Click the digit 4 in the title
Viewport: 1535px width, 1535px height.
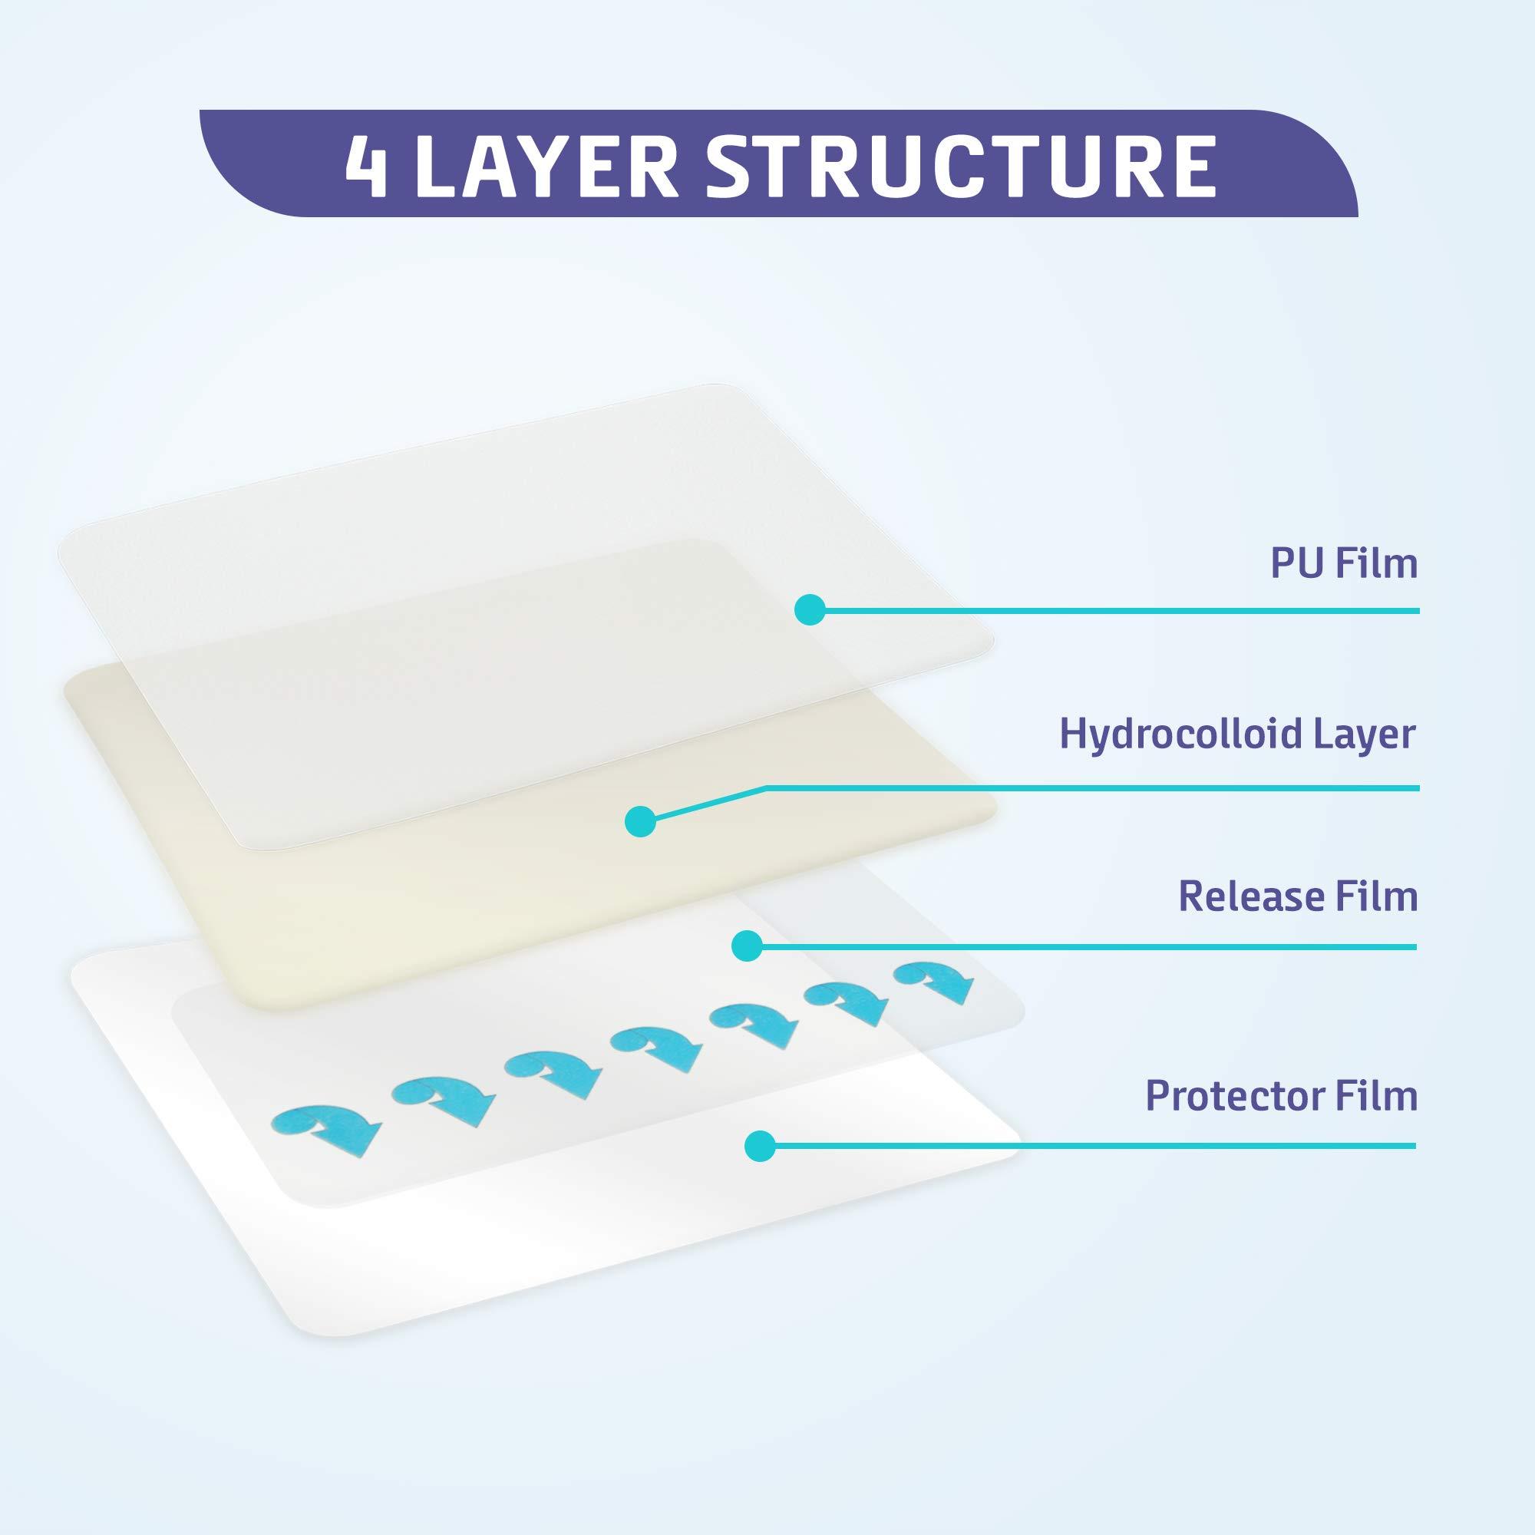[366, 166]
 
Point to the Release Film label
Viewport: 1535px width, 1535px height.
[1297, 896]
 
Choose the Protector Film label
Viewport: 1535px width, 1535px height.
[1281, 1096]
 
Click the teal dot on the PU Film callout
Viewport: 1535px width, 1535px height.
[810, 609]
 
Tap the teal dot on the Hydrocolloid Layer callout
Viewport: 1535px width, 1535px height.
[640, 821]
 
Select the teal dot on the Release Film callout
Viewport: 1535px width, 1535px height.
[746, 946]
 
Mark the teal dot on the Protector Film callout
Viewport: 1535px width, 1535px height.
[761, 1146]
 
